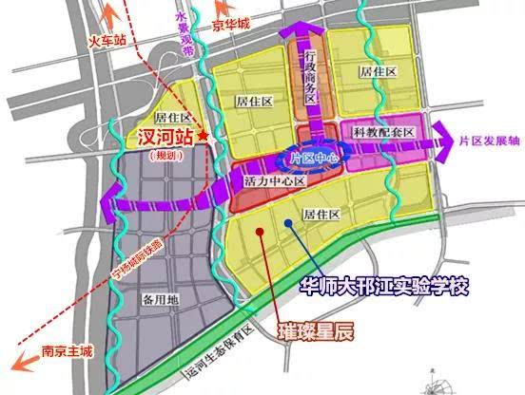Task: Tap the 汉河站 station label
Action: pos(163,137)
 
